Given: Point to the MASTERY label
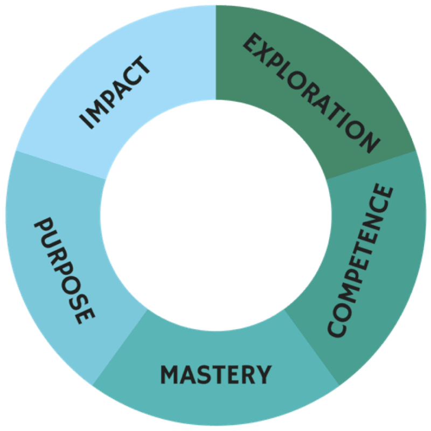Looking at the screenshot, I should [x=215, y=374].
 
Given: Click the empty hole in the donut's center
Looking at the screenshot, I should [x=215, y=215].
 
